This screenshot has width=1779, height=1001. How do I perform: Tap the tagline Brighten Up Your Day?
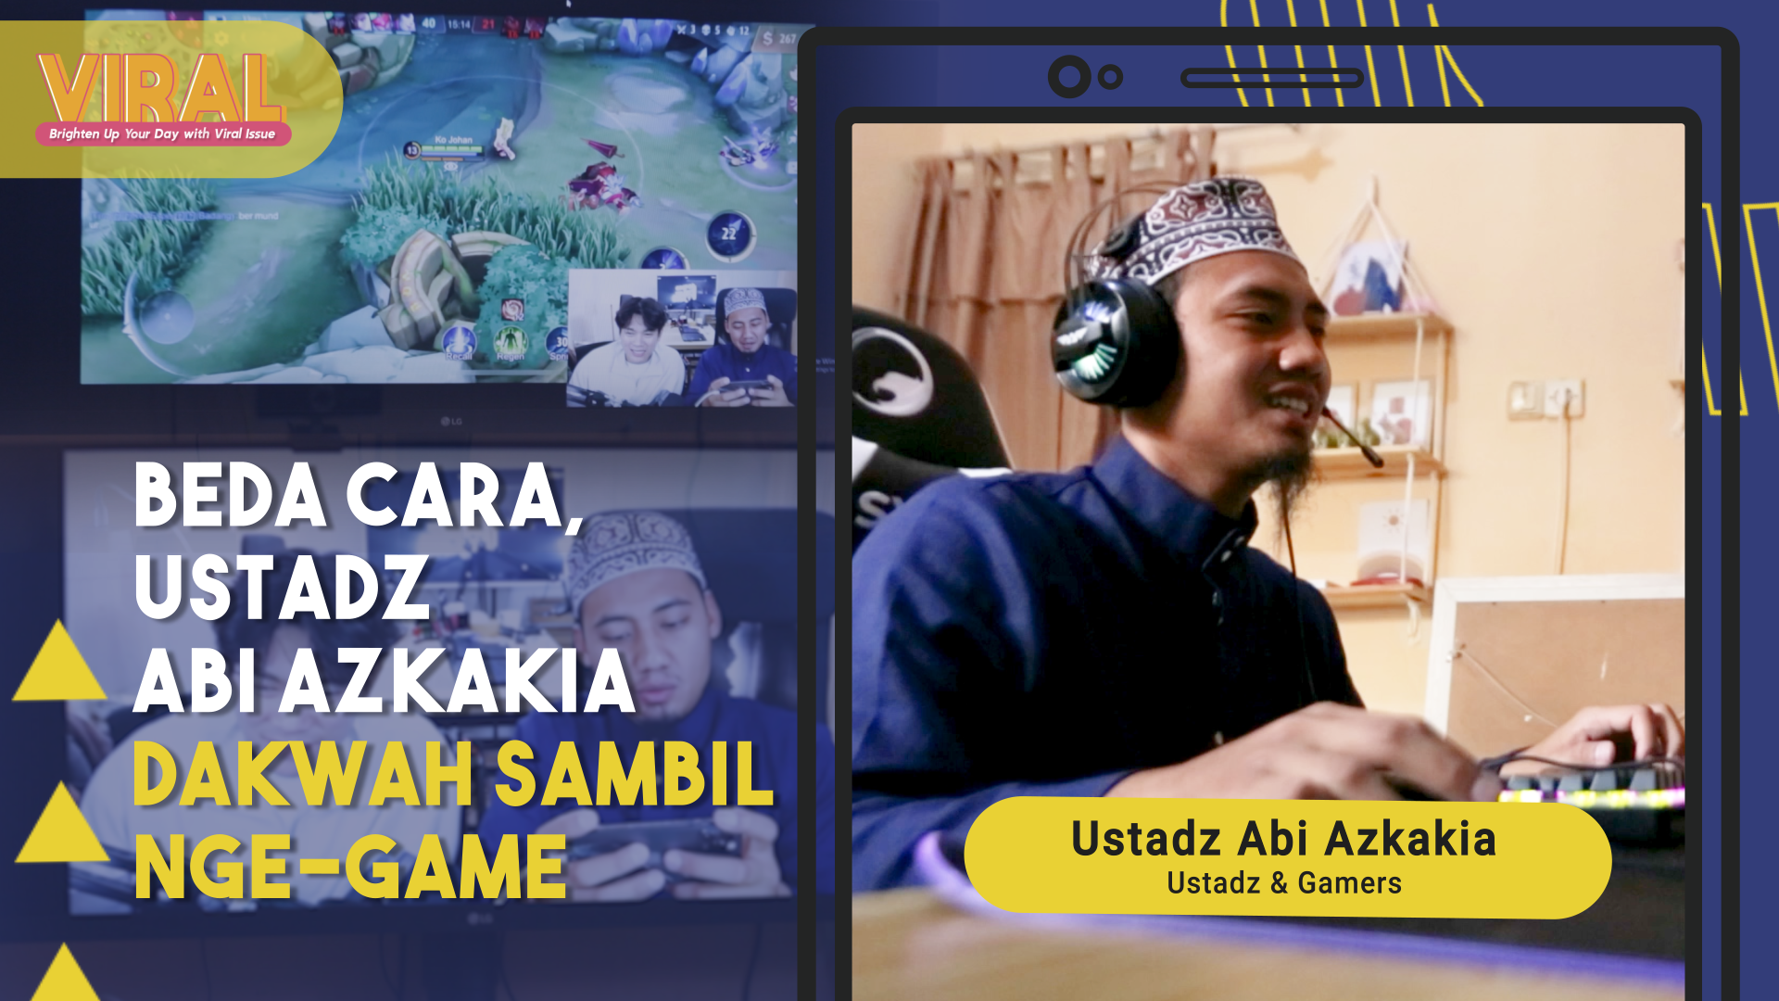[162, 134]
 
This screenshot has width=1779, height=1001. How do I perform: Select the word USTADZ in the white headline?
[282, 588]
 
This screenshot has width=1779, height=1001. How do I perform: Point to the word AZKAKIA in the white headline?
[458, 682]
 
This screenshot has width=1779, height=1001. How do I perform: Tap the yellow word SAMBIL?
[634, 775]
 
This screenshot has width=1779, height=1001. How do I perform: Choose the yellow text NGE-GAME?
[350, 868]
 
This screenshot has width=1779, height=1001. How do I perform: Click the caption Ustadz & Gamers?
[1283, 883]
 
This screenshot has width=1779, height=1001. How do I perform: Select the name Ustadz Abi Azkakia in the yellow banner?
[1283, 839]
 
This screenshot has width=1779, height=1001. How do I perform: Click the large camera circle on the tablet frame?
[1069, 77]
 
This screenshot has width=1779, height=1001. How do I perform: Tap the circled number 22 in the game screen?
[729, 234]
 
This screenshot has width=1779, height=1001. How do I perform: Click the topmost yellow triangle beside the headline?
[59, 663]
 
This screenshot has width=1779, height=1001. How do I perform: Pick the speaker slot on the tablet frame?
[1271, 78]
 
